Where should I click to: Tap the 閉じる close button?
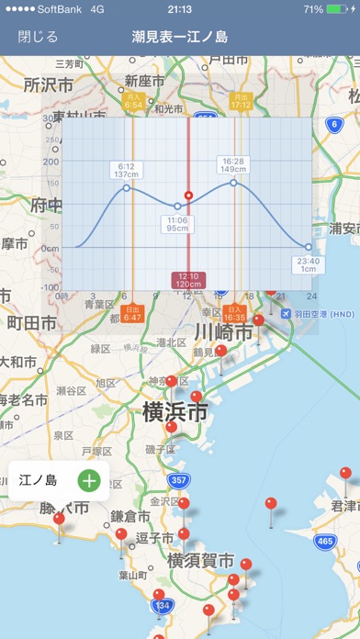(38, 38)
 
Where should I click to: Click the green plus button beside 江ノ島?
(88, 479)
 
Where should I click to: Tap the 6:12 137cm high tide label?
(126, 170)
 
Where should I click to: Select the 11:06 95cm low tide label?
(177, 224)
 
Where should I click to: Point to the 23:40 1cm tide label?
(309, 264)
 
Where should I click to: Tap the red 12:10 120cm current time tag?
(188, 281)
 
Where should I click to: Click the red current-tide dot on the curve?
(188, 196)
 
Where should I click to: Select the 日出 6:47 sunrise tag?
(133, 313)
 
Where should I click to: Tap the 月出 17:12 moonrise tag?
(241, 101)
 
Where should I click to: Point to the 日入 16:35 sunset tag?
(234, 313)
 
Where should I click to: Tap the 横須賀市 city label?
(200, 560)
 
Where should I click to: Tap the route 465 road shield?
(325, 542)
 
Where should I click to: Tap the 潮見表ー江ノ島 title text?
(180, 38)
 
